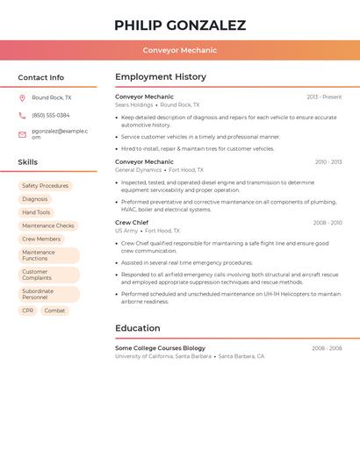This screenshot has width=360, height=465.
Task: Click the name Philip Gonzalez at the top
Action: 180,25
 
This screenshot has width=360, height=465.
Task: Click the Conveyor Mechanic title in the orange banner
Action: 180,50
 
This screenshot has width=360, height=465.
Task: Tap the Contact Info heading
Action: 41,77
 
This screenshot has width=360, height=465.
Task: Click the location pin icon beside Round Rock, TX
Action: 22,98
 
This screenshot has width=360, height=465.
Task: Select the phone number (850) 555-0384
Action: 51,115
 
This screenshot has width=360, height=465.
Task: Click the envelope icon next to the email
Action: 22,134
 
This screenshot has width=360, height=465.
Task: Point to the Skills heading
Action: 28,162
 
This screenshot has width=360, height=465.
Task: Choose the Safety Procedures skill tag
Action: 45,186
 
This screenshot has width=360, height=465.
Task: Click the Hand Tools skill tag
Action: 36,212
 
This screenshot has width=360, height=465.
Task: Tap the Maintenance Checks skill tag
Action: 48,225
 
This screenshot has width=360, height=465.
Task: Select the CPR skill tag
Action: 28,311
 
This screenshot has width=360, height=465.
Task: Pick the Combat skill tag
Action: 54,311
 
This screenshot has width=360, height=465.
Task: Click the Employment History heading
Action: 161,77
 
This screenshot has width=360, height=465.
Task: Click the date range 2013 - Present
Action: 324,97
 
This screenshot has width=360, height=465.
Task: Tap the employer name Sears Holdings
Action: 134,104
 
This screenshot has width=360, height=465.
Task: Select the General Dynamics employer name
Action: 139,169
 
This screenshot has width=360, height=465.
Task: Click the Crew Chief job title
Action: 132,223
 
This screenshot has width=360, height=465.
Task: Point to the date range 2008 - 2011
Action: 328,223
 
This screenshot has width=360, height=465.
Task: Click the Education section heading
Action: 138,328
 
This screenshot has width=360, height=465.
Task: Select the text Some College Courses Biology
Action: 160,348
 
